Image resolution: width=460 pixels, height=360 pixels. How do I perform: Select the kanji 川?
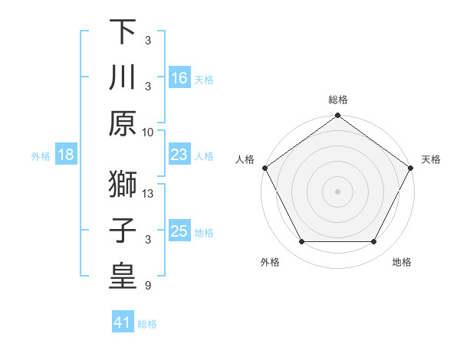[122, 77]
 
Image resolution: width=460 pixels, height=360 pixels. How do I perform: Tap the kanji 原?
[122, 124]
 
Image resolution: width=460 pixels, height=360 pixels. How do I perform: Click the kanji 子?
[122, 231]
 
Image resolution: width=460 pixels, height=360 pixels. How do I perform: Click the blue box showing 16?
[179, 78]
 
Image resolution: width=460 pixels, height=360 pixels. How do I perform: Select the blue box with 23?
[179, 155]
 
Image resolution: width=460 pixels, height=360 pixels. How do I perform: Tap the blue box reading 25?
[179, 231]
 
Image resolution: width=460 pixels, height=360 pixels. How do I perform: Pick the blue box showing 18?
[66, 155]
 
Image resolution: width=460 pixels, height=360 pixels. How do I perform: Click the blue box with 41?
[123, 323]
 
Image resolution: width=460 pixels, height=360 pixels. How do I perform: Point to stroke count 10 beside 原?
[148, 132]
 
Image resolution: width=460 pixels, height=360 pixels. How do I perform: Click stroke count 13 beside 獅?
[148, 193]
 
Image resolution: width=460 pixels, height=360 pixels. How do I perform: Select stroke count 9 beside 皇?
[148, 286]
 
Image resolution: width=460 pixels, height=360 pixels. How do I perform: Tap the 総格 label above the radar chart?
[338, 100]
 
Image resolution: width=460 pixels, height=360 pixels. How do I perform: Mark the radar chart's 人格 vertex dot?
[264, 167]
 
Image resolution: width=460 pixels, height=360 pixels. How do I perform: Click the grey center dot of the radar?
[338, 191]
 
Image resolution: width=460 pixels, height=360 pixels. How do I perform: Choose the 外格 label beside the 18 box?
[40, 155]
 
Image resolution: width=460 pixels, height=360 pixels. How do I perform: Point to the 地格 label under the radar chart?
[401, 262]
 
